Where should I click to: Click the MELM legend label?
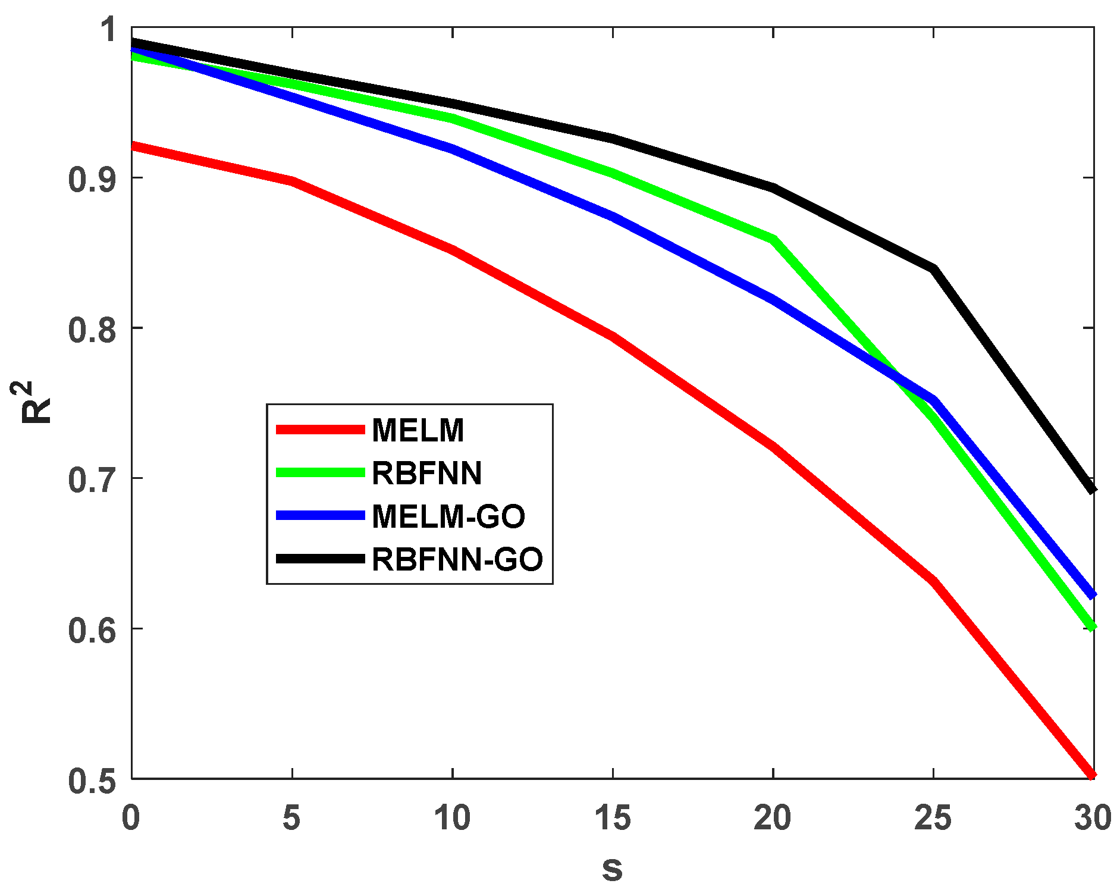tap(418, 430)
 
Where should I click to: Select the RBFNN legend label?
tap(426, 473)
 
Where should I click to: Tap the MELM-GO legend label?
tap(448, 516)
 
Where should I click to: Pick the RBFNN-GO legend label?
tap(457, 559)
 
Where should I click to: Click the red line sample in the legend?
tap(320, 430)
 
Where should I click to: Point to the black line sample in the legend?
tap(320, 559)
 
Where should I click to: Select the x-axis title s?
tap(612, 869)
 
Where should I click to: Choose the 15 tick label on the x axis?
tap(613, 818)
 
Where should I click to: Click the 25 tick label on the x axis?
tap(933, 818)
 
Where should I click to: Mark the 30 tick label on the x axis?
tap(1093, 818)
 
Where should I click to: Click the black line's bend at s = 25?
tap(934, 269)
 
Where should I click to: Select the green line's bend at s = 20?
tap(773, 239)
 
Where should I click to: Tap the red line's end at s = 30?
tap(1092, 775)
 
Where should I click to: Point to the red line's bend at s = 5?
tap(292, 181)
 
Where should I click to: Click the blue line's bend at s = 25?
tap(934, 400)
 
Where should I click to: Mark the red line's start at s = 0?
tap(133, 145)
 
